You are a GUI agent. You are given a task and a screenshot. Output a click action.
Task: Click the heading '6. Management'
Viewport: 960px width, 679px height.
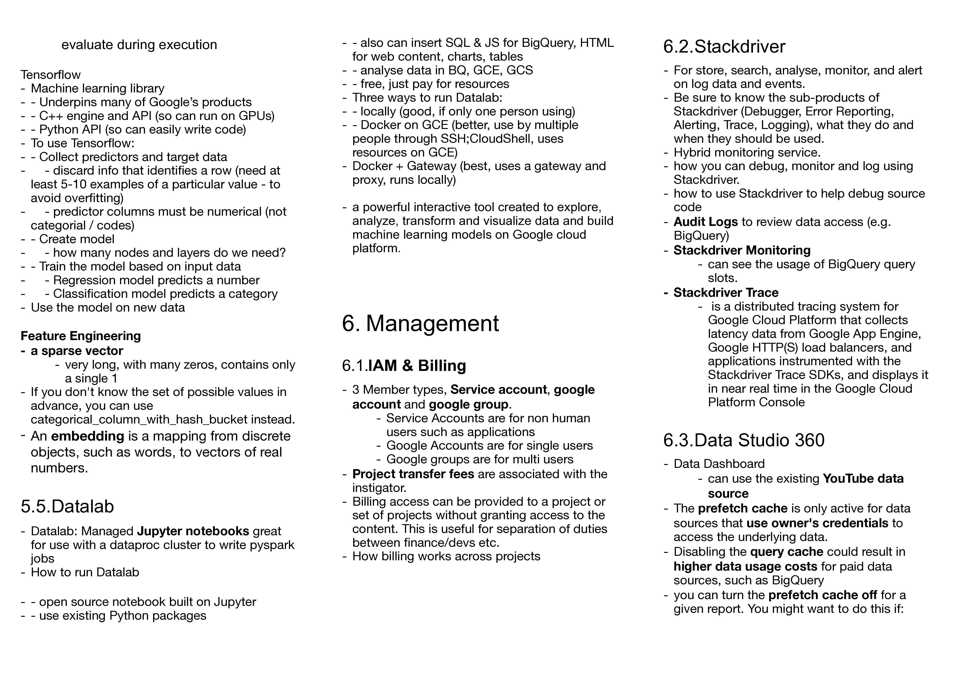[x=420, y=323]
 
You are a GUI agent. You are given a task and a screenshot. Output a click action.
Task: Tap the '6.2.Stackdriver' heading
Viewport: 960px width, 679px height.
[x=724, y=46]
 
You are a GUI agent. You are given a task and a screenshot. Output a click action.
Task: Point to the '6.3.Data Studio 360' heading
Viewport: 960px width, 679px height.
[x=744, y=440]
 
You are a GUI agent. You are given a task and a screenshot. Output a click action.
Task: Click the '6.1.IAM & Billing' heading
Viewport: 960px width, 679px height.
[x=404, y=366]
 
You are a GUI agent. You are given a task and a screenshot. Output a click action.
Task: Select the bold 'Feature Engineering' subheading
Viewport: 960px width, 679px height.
[x=81, y=336]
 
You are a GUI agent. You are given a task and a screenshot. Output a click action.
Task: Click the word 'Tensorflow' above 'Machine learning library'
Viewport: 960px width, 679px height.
[x=51, y=75]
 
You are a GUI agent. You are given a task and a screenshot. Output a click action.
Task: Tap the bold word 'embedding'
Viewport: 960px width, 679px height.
[x=87, y=436]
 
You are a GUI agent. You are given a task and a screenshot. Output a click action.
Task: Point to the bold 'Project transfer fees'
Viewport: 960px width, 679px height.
[x=413, y=474]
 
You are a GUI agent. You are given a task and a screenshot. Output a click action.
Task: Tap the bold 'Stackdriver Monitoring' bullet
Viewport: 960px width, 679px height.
[x=742, y=250]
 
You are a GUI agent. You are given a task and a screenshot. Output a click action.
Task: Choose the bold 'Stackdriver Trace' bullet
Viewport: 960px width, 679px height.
[x=726, y=292]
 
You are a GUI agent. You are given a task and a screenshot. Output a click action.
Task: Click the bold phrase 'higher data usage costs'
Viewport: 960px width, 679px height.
[x=745, y=566]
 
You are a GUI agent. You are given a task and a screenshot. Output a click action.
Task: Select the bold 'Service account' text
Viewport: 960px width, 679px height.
[x=498, y=390]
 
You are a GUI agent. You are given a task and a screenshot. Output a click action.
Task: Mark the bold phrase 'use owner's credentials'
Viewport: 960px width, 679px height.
[x=817, y=523]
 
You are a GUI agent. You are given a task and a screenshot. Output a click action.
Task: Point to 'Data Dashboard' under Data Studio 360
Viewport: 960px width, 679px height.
[x=719, y=464]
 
